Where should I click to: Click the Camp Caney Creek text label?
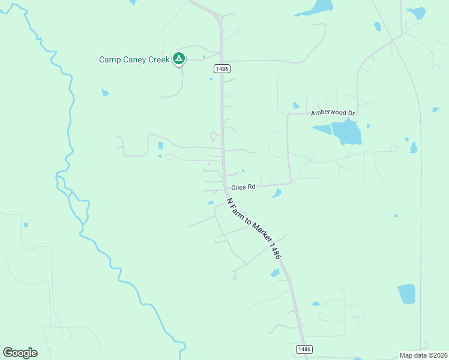click(134, 59)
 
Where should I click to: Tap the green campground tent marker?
click(178, 58)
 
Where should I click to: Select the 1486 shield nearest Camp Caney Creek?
click(221, 70)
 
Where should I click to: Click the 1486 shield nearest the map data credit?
click(304, 349)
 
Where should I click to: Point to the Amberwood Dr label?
click(333, 113)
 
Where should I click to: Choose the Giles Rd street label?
click(244, 187)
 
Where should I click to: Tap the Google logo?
click(20, 353)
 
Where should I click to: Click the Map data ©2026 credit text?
click(423, 355)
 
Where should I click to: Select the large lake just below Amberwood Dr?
click(346, 132)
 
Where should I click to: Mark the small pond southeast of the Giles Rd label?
click(277, 193)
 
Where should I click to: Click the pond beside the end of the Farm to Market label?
click(275, 273)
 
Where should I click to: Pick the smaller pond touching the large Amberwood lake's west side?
click(322, 129)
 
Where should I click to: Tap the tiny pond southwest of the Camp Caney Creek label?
click(106, 92)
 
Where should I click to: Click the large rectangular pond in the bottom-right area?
click(406, 293)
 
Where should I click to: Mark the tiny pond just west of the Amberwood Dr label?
click(295, 106)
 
